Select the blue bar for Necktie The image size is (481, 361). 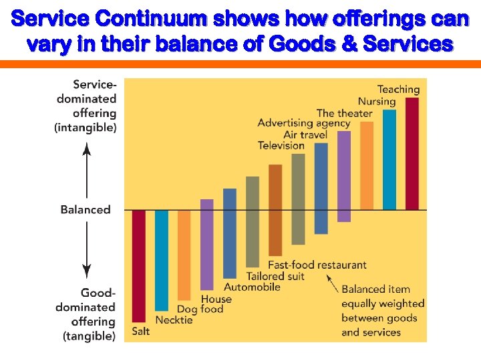(162, 260)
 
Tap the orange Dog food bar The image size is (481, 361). (184, 255)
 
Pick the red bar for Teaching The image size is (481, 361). (412, 154)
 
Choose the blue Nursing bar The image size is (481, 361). (389, 160)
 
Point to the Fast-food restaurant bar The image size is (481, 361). (275, 210)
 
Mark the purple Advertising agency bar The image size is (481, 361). (344, 176)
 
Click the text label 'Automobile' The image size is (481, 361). (252, 287)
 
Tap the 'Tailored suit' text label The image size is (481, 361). (275, 276)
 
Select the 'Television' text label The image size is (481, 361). (281, 146)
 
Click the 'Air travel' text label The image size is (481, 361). (305, 134)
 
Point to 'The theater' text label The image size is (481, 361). (344, 113)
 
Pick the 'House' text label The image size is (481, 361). (216, 299)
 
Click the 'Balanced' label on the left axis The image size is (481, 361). (86, 209)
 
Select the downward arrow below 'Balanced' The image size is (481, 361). (86, 250)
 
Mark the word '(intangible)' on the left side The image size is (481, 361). (86, 127)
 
